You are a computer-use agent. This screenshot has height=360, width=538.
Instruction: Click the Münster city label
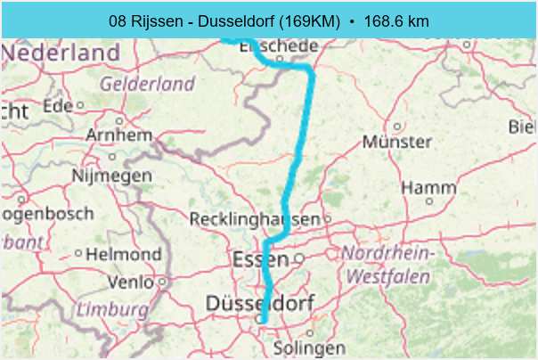pos(397,142)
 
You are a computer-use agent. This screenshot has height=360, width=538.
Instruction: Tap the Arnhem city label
pos(119,135)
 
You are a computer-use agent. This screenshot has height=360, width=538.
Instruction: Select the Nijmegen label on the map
pos(111,176)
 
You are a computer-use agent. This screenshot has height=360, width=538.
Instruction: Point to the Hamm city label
pos(428,187)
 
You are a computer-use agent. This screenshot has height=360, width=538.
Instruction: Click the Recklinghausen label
pos(255,219)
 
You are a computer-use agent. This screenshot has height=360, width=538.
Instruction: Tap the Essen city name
pos(260,259)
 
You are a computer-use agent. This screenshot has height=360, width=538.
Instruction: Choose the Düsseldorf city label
pos(259,304)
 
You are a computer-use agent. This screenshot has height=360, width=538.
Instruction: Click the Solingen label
pos(309,347)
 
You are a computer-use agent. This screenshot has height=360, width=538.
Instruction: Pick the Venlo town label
pos(129,282)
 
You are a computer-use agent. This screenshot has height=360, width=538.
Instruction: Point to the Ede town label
pos(56,105)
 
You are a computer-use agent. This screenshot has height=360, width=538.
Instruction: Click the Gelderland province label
pos(148,84)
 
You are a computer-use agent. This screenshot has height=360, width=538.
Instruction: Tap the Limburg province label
pos(111,309)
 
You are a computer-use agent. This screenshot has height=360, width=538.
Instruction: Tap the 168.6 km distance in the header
pos(393,20)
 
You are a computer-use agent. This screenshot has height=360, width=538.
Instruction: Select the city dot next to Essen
pos(299,258)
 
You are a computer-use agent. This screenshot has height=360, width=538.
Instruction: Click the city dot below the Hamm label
pos(428,201)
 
